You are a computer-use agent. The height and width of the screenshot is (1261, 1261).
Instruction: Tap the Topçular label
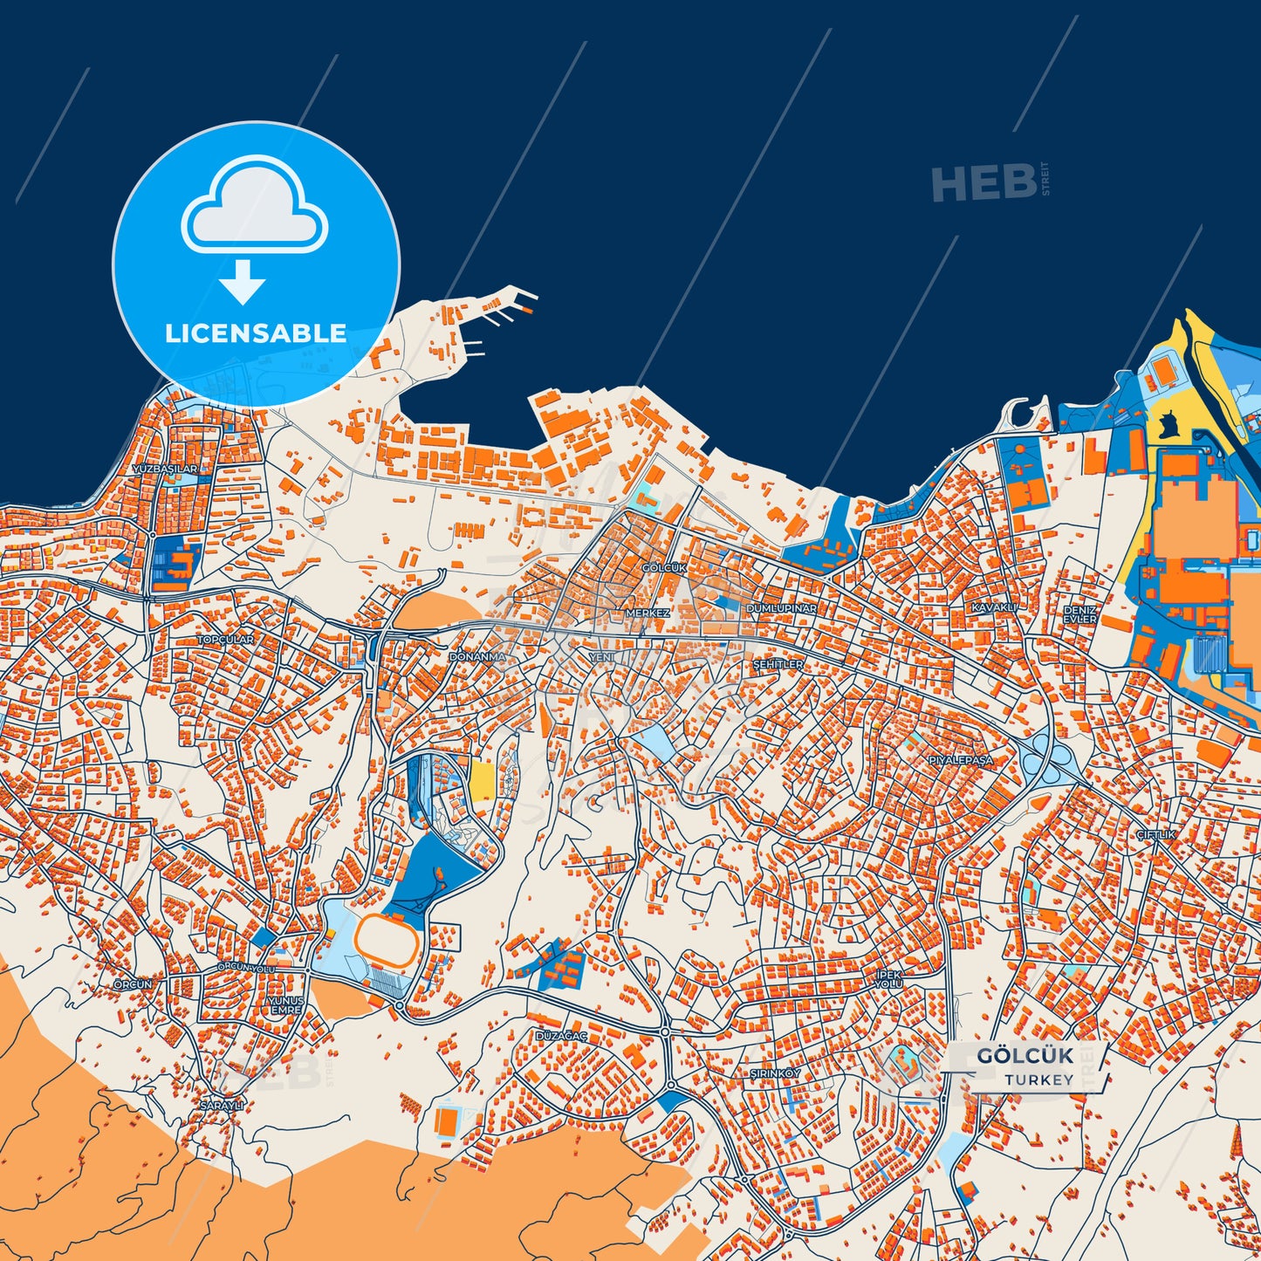pos(225,640)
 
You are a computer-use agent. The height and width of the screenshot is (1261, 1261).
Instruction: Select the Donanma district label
pos(477,656)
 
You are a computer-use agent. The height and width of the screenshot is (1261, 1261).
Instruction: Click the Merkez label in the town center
pos(648,613)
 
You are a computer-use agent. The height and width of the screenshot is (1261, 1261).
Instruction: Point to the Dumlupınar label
pos(781,607)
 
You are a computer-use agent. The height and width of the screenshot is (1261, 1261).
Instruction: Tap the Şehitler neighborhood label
pos(778,664)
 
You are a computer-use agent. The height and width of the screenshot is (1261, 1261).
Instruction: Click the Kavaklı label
pos(995,607)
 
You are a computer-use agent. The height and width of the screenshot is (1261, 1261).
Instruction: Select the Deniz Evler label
pos(1079,614)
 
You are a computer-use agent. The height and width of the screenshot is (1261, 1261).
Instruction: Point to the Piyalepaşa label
pos(960,760)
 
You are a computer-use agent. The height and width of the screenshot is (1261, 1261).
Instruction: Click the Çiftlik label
pos(1155,835)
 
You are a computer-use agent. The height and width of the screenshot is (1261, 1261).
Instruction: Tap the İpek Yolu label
pos(888,978)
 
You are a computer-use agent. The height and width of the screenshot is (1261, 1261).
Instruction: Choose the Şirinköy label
pos(775,1073)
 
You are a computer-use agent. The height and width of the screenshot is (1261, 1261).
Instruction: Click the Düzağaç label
pos(561,1036)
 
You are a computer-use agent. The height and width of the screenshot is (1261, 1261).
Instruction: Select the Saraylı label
pos(222,1105)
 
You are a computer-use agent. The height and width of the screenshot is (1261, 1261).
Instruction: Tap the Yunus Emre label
pos(285,1004)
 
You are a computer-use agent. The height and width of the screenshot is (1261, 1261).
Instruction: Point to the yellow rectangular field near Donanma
pos(482,778)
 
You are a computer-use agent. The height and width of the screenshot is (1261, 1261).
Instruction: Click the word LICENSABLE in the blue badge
pos(256,333)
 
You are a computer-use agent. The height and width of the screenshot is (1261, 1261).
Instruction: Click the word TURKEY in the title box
pos(1038,1079)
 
